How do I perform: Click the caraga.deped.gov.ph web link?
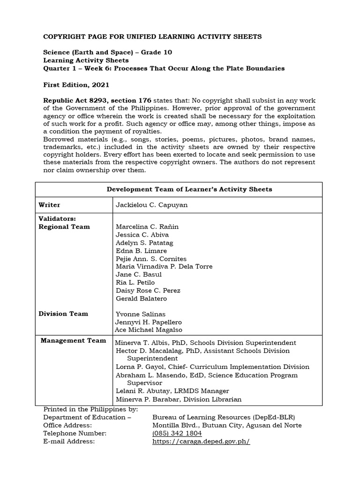[201, 442]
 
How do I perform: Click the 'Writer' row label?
[49, 205]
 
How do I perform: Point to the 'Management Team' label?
[73, 340]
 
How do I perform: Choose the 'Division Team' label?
[63, 314]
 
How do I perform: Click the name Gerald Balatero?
[141, 299]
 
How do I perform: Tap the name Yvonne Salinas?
[140, 314]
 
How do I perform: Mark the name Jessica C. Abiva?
[142, 235]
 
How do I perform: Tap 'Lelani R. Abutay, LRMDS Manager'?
[172, 391]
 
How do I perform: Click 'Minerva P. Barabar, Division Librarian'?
[178, 399]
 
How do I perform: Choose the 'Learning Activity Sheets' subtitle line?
[86, 60]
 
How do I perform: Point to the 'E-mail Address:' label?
[69, 442]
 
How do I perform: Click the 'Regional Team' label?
[64, 227]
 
